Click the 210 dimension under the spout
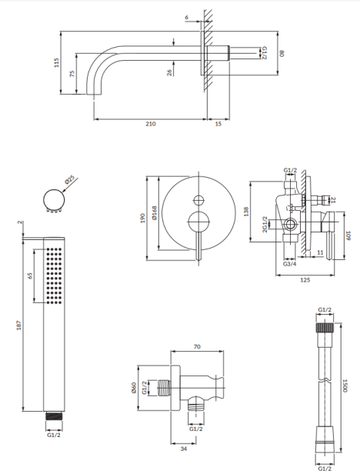point(151,124)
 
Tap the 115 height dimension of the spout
point(56,62)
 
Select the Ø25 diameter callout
point(70,180)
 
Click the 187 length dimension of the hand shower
point(19,325)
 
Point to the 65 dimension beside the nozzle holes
point(30,275)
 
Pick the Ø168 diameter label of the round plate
point(154,212)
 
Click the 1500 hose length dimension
point(345,386)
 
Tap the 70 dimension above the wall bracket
point(197,347)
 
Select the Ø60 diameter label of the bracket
point(134,388)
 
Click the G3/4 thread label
point(289,264)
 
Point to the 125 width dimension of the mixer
point(305,280)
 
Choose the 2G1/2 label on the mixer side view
point(265,224)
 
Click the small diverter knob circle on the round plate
point(198,200)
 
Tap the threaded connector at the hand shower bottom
point(55,416)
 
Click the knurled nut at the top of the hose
point(325,327)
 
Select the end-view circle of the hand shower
point(54,199)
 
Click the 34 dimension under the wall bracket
point(184,449)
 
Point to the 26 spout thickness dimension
point(169,72)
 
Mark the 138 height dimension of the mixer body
point(246,212)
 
